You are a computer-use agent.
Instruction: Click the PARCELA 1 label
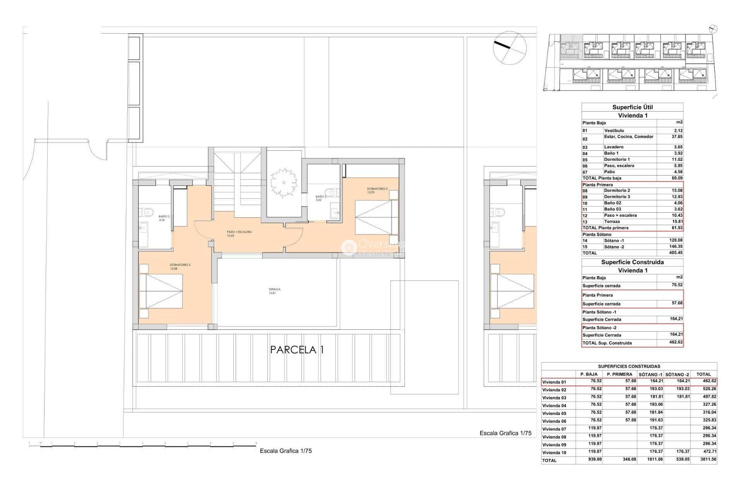[x=297, y=350]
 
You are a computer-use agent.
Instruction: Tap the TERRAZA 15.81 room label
[x=274, y=291]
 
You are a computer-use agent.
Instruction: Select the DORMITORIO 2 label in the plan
[x=180, y=267]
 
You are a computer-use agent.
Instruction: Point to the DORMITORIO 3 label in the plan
[x=377, y=190]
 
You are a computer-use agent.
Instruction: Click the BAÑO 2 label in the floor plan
[x=164, y=218]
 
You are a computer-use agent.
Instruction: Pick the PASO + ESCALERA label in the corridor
[x=239, y=234]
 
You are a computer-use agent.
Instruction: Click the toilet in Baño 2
[x=147, y=212]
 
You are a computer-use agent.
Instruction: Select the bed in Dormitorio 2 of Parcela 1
[x=161, y=291]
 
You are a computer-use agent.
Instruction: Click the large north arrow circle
[x=510, y=48]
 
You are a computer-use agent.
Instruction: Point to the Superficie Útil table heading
[x=632, y=107]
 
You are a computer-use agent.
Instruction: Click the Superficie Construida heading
[x=632, y=262]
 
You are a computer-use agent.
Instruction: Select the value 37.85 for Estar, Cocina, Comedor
[x=677, y=137]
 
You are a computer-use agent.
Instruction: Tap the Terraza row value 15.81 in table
[x=677, y=222]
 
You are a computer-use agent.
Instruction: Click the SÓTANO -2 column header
[x=677, y=374]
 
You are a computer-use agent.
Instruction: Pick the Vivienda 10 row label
[x=554, y=453]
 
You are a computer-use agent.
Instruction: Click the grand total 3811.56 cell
[x=708, y=459]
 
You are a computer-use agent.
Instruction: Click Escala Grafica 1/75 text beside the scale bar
[x=286, y=451]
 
